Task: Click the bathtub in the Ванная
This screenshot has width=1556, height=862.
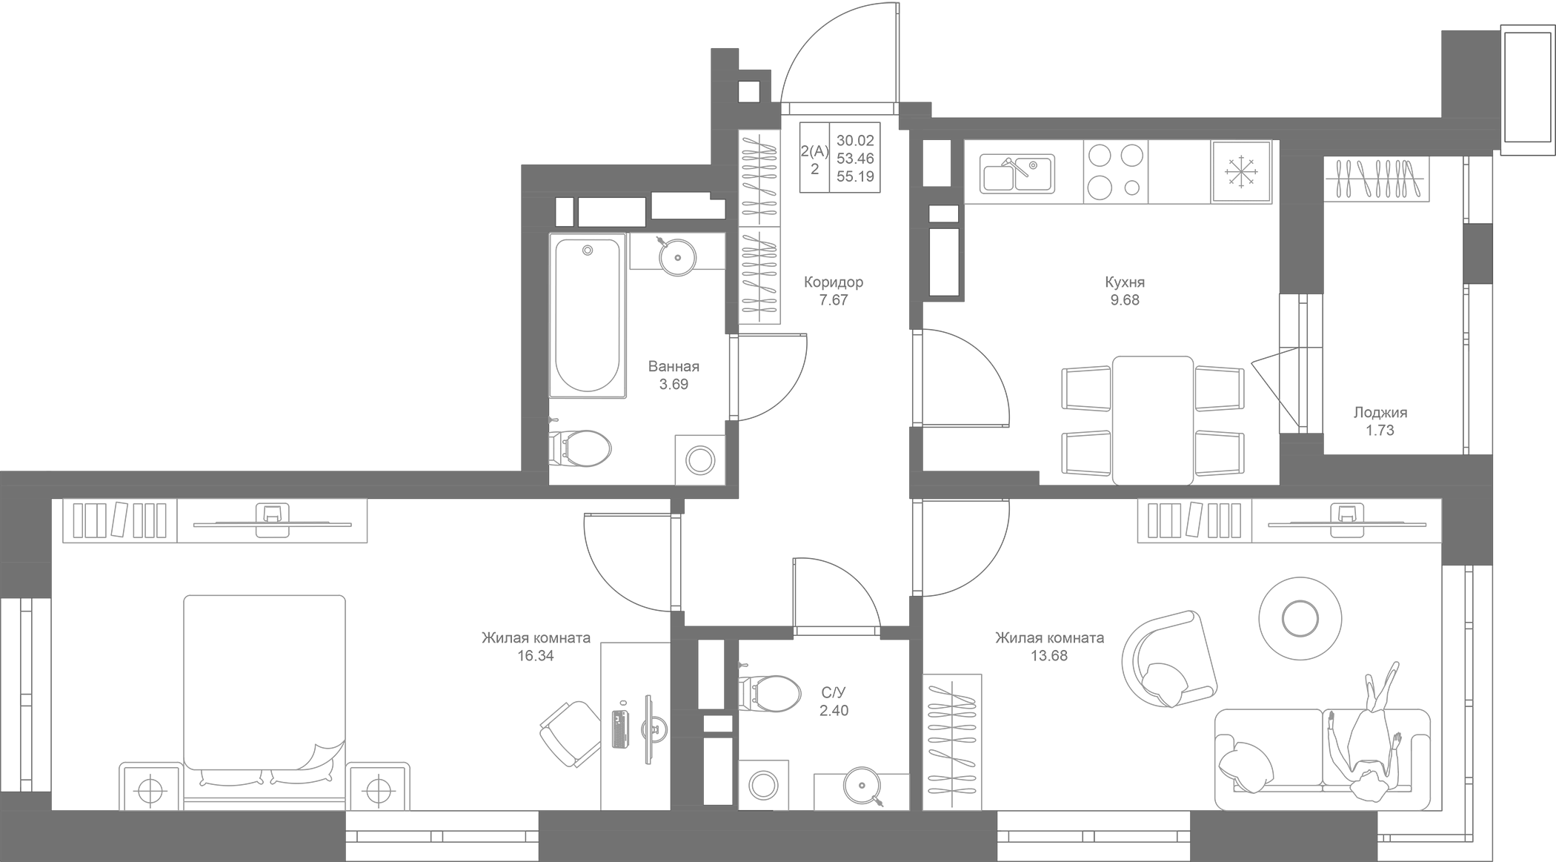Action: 587,316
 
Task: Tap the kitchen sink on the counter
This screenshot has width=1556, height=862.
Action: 1017,173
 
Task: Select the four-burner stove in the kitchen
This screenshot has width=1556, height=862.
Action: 1115,172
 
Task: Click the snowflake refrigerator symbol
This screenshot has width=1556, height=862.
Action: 1241,172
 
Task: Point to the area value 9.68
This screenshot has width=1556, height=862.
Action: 1125,300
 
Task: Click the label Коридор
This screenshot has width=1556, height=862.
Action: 834,282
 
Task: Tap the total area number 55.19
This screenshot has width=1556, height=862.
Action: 855,176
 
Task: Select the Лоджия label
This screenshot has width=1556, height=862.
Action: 1380,413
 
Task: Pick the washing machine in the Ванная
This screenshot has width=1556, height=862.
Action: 699,460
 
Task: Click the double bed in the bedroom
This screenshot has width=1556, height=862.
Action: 265,692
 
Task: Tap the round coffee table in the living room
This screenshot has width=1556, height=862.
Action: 1300,617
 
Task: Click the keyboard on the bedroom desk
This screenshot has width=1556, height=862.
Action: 620,729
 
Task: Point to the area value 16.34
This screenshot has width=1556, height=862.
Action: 536,656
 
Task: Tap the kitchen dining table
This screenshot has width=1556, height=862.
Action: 1153,420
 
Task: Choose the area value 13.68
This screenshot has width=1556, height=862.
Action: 1049,656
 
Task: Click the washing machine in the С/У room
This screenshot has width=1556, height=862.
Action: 763,785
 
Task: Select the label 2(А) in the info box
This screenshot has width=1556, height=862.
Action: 814,151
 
